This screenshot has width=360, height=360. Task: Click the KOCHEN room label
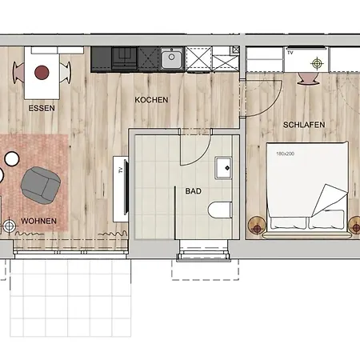coord(151,100)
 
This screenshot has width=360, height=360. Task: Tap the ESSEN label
coord(42,108)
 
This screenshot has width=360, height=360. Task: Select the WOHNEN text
coord(38,221)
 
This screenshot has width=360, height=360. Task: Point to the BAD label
coord(194,191)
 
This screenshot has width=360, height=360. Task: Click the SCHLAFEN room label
coord(304,125)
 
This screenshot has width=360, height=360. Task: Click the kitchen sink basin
coord(172,58)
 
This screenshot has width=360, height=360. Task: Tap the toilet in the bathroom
coord(220,210)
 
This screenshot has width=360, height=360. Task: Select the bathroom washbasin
coord(223,168)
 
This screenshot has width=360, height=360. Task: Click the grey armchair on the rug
coord(41,186)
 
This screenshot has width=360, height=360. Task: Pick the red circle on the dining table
coord(42,72)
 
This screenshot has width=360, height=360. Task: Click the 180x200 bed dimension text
coord(285,154)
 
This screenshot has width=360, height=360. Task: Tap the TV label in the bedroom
coord(290,53)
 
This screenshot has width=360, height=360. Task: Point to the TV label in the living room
coord(121,170)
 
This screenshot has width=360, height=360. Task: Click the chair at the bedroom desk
coord(308,78)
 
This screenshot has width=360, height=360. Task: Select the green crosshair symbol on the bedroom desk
coord(317,63)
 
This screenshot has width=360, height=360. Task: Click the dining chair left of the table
coord(18,73)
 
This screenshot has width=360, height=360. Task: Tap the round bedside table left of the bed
coord(257,226)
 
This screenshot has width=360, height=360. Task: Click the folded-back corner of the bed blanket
coord(330,200)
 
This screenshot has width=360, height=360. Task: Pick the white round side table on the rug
coord(12,158)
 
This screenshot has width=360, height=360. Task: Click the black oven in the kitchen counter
coord(124,58)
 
